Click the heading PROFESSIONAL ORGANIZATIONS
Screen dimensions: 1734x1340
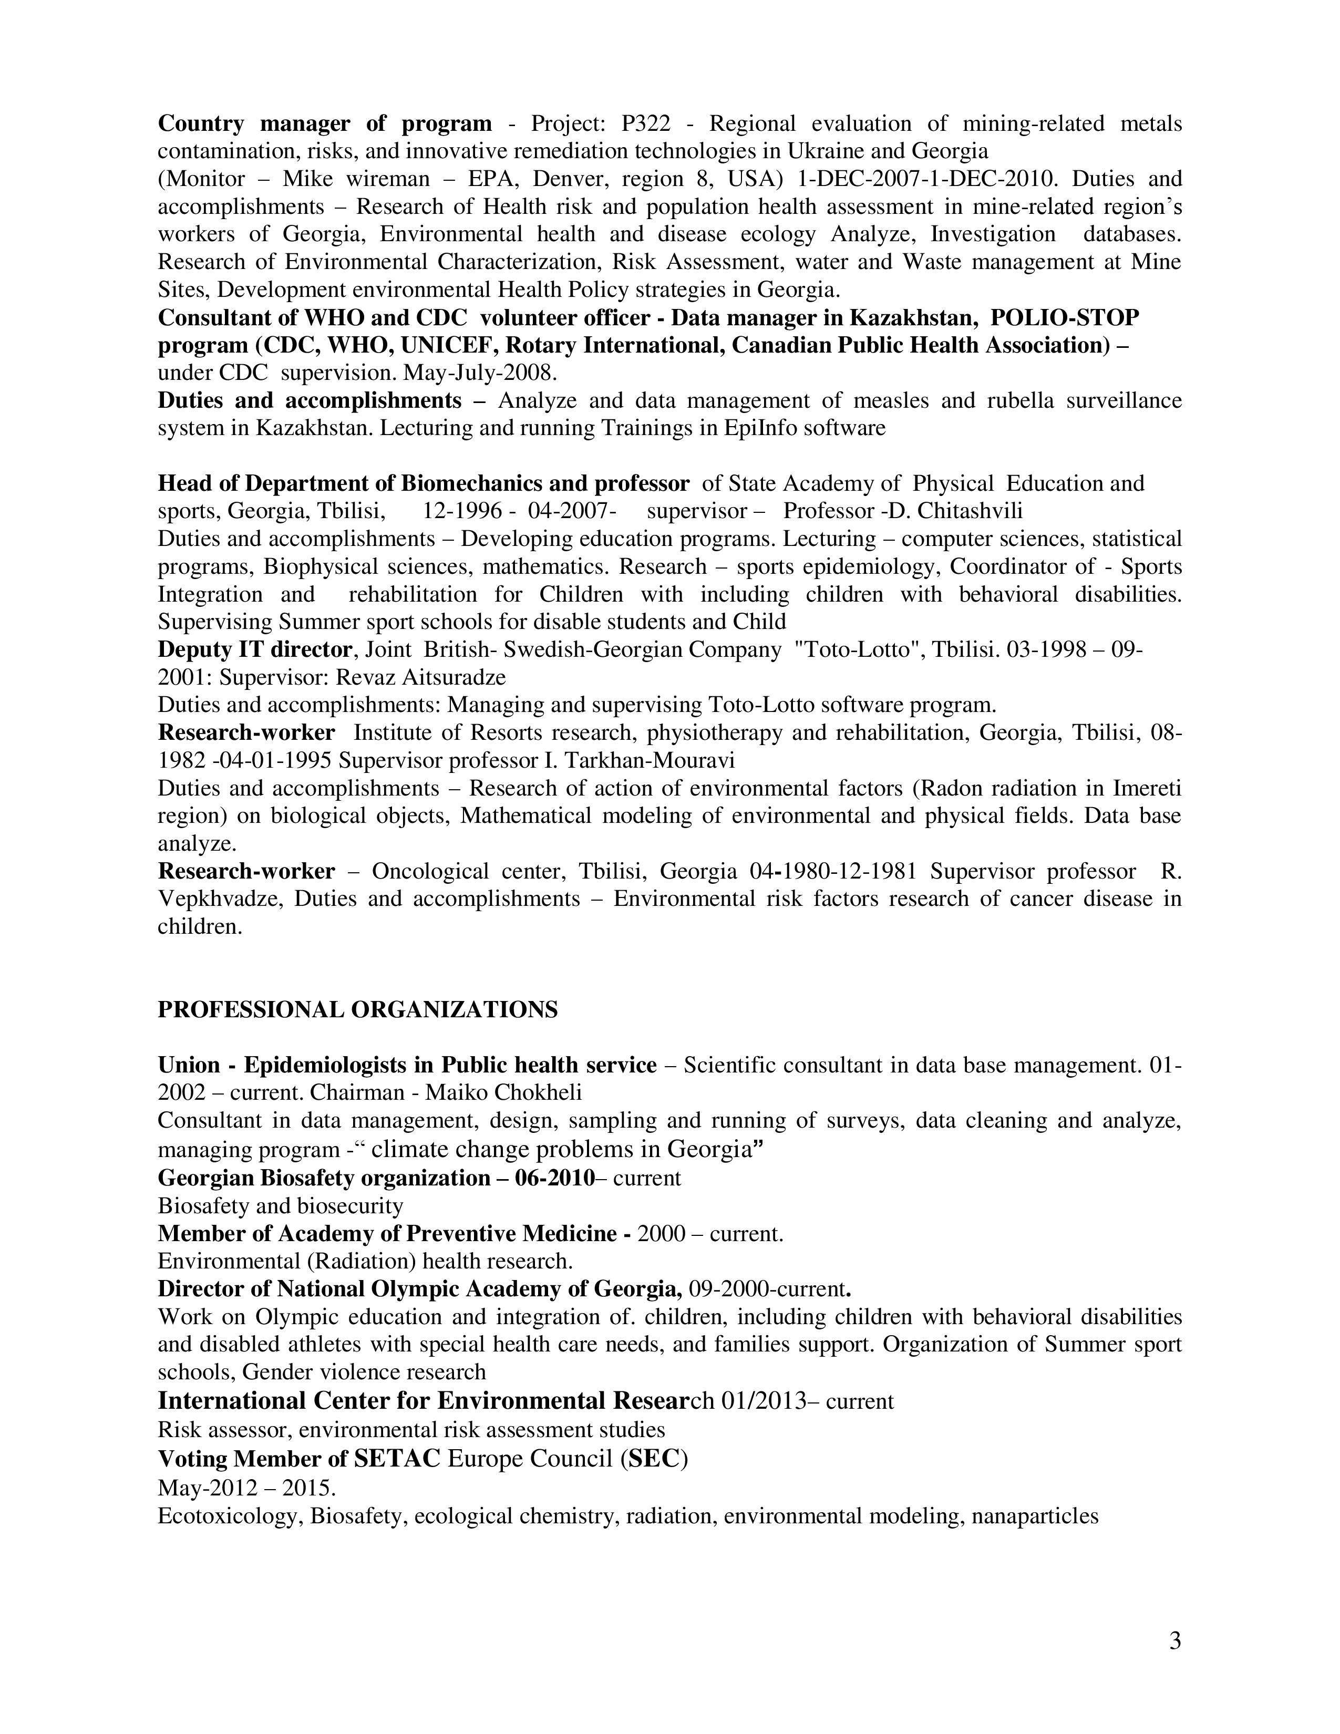pyautogui.click(x=357, y=1010)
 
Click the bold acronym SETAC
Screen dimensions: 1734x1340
pyautogui.click(x=397, y=1459)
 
